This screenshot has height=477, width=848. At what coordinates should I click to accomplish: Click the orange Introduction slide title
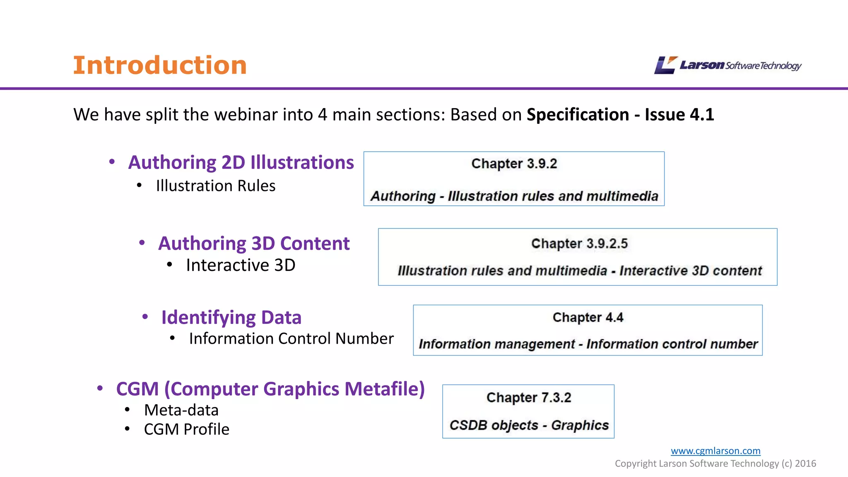coord(160,65)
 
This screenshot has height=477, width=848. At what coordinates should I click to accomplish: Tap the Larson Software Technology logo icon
coord(665,65)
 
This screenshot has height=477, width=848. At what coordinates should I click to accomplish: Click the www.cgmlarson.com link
coord(715,450)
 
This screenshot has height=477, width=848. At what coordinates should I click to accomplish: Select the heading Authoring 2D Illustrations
coord(241,162)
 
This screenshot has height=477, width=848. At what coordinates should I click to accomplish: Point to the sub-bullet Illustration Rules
coord(215,186)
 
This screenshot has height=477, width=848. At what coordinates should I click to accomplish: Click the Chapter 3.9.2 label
coord(514,164)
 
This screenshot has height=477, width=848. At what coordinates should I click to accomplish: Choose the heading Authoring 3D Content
coord(254,243)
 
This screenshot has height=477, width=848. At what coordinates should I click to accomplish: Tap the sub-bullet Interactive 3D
coord(241,265)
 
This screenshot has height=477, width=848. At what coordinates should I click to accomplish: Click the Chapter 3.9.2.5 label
coord(579,243)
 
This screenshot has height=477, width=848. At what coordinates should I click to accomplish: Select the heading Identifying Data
coord(231,318)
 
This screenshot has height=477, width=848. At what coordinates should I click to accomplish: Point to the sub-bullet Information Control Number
coord(291,339)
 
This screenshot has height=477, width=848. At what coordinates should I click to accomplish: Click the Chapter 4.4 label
coord(588,318)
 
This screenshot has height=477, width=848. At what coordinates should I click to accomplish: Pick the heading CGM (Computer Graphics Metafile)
coord(270,389)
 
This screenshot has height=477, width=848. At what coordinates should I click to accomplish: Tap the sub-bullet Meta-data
coord(181,410)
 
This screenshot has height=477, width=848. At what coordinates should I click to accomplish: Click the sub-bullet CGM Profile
coord(186,429)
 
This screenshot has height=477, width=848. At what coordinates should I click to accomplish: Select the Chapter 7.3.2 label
coord(529,397)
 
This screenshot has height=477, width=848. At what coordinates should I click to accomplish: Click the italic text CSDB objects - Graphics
coord(529,425)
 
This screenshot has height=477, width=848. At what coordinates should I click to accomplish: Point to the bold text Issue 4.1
coord(679,115)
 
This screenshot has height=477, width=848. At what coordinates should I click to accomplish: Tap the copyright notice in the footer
coord(715,463)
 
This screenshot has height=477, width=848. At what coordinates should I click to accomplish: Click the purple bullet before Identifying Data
coord(145,317)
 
